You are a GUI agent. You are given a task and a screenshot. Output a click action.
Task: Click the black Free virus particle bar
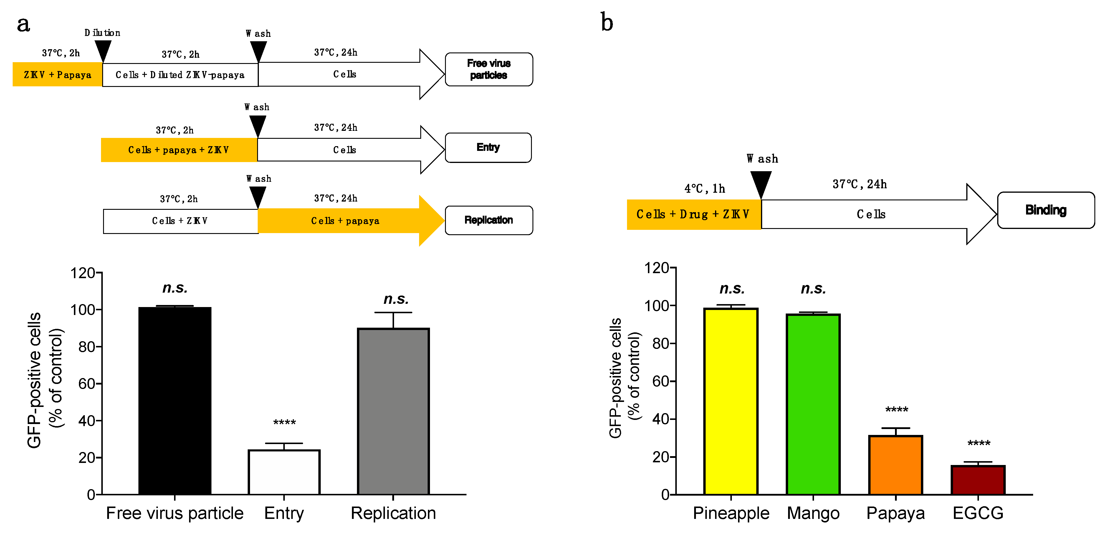point(175,400)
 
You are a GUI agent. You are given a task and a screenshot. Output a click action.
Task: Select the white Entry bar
point(284,472)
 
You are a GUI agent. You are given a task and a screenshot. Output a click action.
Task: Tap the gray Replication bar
point(393,411)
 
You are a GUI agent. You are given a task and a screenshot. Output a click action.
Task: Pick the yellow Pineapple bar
point(731,401)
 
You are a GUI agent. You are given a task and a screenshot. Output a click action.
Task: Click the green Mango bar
point(813,404)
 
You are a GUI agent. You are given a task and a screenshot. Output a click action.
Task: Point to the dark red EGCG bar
point(978,480)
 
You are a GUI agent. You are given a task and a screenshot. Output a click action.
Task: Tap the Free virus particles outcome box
point(489,69)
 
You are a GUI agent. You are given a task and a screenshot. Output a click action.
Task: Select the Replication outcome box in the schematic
point(489,220)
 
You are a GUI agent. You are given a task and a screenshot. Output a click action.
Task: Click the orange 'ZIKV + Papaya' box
point(57,75)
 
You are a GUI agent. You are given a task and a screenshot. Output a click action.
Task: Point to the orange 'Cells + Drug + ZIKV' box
point(693,214)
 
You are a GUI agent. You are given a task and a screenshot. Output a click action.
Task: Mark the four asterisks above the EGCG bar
point(979,443)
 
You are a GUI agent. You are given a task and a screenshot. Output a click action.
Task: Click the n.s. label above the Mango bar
point(813,288)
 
